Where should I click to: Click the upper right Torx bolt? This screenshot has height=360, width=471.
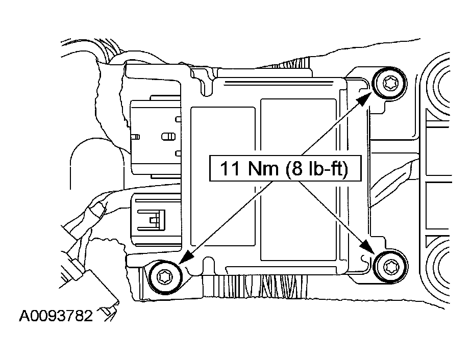point(389,83)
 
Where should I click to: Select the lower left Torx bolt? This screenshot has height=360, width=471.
point(165,277)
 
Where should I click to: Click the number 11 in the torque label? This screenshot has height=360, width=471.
point(230,168)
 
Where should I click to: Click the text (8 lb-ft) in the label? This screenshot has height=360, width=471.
point(316,169)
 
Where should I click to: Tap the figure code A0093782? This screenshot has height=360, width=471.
point(56,316)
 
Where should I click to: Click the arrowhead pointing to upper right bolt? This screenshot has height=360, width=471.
point(364,98)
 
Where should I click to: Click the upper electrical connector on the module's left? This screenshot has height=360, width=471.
point(155,137)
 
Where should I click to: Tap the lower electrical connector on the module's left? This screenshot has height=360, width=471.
point(156,218)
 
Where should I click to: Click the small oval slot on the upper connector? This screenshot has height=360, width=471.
point(168,137)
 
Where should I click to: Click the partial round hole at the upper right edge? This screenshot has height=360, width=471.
point(438,85)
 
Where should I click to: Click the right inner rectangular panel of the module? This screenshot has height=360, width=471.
point(299,180)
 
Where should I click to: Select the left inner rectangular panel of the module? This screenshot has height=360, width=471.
point(223,180)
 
